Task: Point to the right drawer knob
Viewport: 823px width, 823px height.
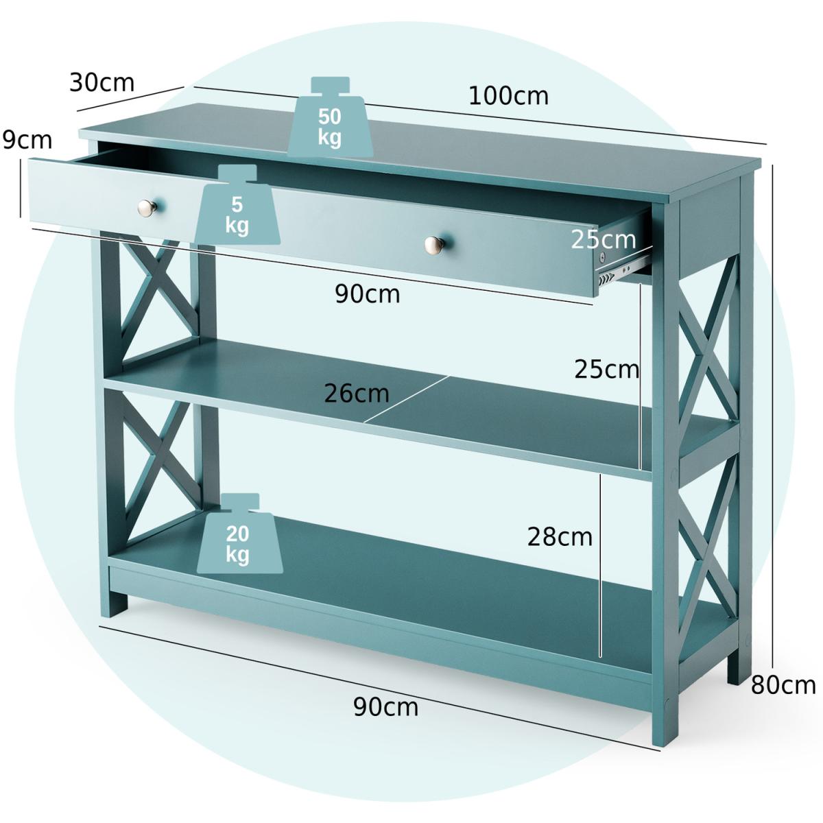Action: point(433,243)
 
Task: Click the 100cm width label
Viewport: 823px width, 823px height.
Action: point(508,96)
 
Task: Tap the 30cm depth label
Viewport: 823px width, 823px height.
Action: point(102,82)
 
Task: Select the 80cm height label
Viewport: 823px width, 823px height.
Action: point(783,684)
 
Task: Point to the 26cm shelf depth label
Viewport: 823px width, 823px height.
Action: point(356,394)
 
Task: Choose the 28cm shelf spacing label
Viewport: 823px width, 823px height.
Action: point(560,536)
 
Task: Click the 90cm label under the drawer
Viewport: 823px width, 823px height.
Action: point(367,294)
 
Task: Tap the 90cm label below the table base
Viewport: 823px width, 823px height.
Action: point(385,706)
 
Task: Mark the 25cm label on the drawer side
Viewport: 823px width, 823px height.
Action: point(604,239)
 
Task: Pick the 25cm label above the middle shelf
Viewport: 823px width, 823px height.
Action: point(606,369)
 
